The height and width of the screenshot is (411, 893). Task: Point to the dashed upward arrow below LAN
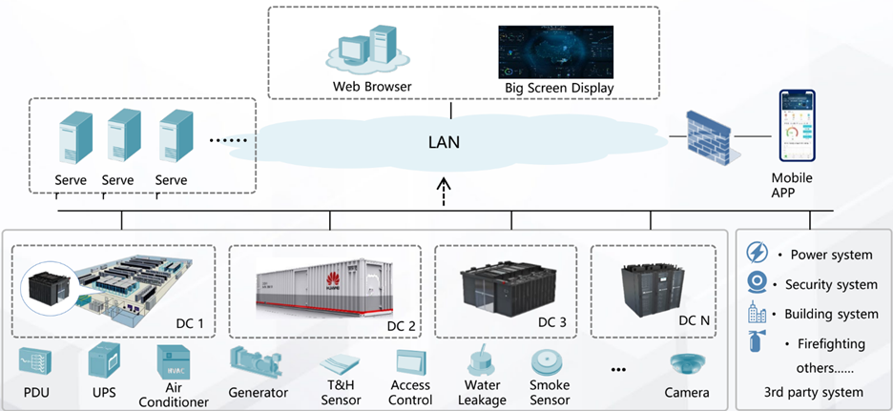point(443,191)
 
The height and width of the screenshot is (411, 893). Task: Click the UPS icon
point(102,362)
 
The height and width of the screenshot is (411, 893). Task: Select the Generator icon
point(258,363)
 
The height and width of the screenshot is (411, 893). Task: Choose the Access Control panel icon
point(410,362)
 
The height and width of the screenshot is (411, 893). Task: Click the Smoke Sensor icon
point(550,362)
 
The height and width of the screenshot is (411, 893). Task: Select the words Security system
point(831,284)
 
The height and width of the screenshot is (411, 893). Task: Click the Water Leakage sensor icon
point(481,361)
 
